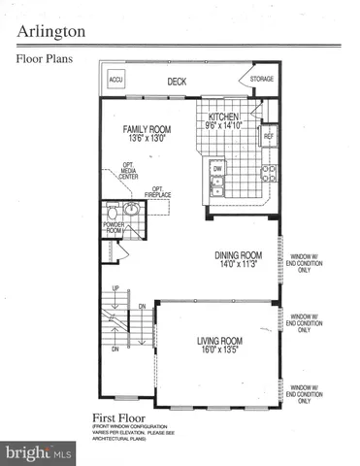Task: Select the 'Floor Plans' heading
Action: pos(47,57)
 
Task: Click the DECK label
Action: pos(177,83)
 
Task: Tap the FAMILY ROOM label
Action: pos(147,128)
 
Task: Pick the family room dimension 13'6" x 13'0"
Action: pos(147,139)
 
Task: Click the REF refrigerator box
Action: pos(268,137)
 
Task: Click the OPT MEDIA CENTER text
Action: pos(128,172)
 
